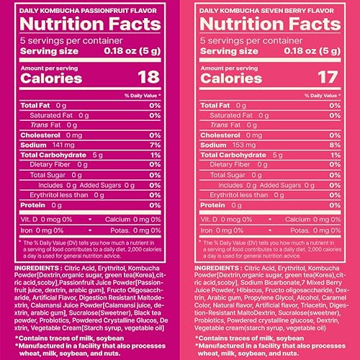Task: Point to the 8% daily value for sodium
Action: [x=333, y=144]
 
